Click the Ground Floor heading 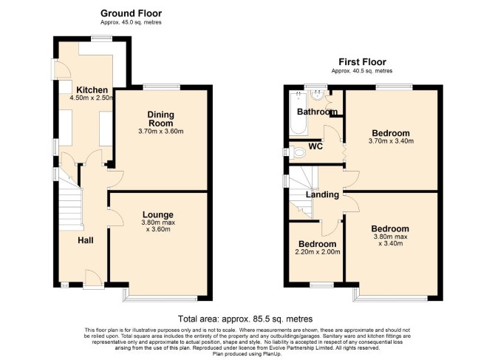[131, 13]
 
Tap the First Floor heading [362, 62]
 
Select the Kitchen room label [92, 89]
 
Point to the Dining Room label [160, 119]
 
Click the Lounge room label [158, 214]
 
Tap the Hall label [86, 241]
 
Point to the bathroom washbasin [316, 95]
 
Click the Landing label [322, 194]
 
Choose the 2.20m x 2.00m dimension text [318, 252]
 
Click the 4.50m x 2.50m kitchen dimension [92, 98]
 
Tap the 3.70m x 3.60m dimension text [161, 131]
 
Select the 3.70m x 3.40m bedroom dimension [391, 141]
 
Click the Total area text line [245, 319]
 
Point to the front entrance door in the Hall [93, 278]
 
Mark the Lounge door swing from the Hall [115, 217]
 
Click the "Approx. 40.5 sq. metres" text [362, 71]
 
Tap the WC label [315, 146]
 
